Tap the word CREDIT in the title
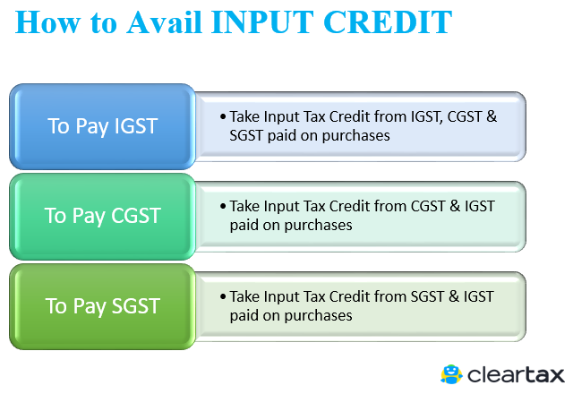(x=388, y=22)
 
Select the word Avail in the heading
(x=164, y=22)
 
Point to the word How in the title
(x=47, y=22)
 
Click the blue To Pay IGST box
(x=102, y=126)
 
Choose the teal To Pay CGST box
(x=102, y=217)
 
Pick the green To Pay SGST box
(x=102, y=306)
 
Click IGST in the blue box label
(x=136, y=126)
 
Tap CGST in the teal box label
(x=136, y=216)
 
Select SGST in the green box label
(x=136, y=306)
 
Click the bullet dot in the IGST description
(x=223, y=116)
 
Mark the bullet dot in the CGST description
(x=223, y=206)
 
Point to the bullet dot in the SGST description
(x=223, y=296)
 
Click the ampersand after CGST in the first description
(x=492, y=116)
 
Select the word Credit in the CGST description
(x=350, y=206)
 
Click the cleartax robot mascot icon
(x=451, y=374)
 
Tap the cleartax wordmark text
(x=516, y=375)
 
